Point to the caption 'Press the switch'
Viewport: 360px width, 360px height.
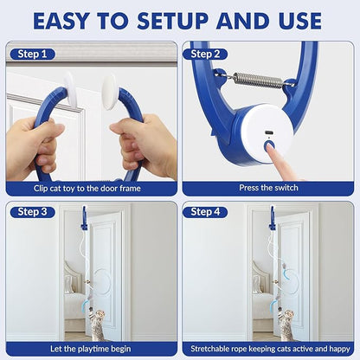pyautogui.click(x=267, y=186)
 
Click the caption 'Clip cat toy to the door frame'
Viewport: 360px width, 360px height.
pyautogui.click(x=92, y=186)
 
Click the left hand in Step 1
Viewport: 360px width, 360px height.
pyautogui.click(x=35, y=142)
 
